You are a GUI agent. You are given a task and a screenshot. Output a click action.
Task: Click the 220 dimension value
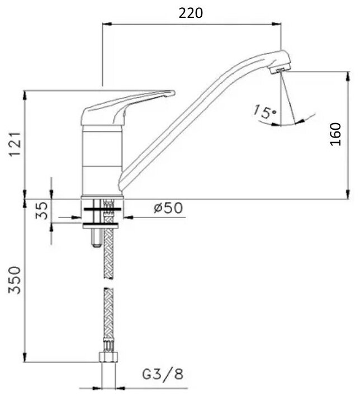click(191, 12)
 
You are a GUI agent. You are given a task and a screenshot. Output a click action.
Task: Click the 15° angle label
click(264, 111)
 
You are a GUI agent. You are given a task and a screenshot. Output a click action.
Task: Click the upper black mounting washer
click(103, 210)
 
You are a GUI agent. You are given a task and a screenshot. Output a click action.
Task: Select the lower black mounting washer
click(103, 225)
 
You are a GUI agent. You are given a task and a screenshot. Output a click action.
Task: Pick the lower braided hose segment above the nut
click(108, 319)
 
